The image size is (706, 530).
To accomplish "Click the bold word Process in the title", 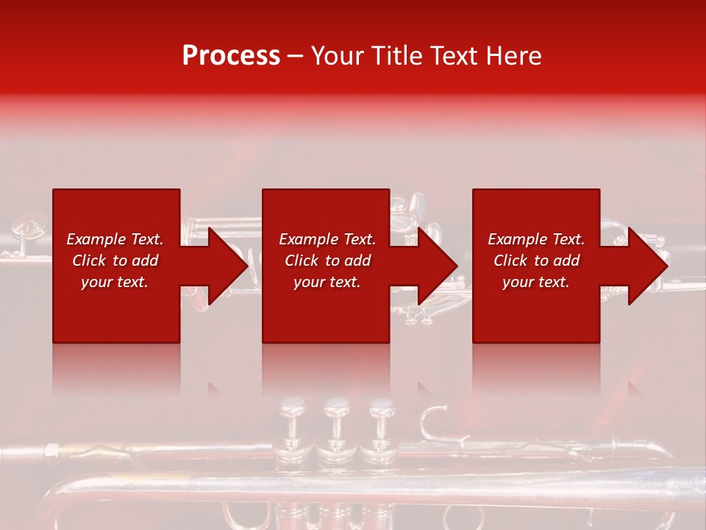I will coord(231,56).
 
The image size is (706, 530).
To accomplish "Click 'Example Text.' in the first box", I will coord(115,239).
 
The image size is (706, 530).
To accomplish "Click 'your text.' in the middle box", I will coord(327,282).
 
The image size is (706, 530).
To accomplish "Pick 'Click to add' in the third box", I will coord(536,261).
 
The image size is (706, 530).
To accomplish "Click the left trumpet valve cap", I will coord(292,404).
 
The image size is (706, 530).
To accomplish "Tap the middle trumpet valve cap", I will coord(338,404).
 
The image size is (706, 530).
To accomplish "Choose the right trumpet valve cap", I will coord(382,404).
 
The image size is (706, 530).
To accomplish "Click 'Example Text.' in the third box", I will coord(536,239).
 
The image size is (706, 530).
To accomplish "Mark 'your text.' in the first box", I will coord(114,282).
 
